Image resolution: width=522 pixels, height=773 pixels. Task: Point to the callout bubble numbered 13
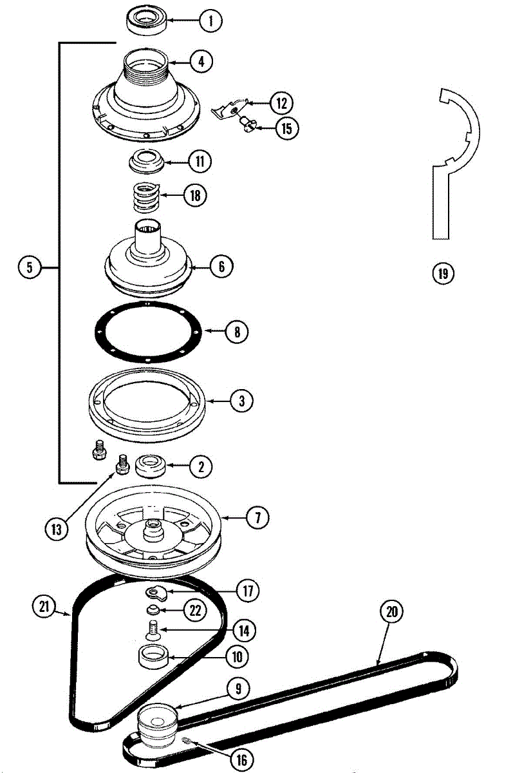(57, 529)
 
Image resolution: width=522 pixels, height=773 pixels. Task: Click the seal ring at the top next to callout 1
(147, 21)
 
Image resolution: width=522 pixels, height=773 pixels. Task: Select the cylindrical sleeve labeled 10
(154, 658)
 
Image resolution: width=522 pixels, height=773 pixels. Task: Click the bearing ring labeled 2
(149, 465)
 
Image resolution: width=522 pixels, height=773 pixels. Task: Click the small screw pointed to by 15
(247, 122)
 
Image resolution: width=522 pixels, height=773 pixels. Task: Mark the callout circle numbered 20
(391, 611)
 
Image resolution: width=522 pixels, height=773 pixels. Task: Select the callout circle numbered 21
(44, 606)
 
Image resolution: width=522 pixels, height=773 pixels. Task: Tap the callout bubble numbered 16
(241, 760)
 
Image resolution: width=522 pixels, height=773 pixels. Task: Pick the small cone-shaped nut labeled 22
(153, 609)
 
